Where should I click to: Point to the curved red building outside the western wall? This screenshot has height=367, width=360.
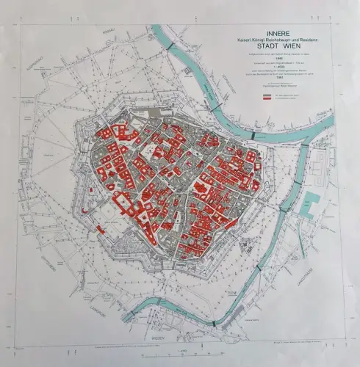(x=86, y=209)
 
